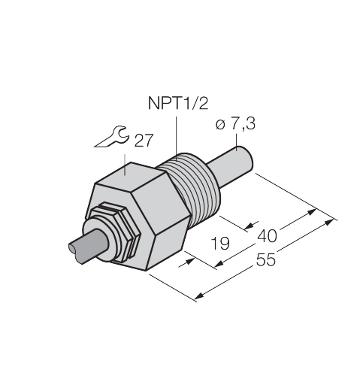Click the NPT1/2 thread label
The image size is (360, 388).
click(x=178, y=103)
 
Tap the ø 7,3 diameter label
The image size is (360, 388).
click(x=235, y=124)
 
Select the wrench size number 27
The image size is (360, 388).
click(x=144, y=141)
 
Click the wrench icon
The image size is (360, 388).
click(x=112, y=137)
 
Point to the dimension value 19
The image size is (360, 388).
click(x=220, y=243)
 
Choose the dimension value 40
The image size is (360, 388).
click(x=268, y=236)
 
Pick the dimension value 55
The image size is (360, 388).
click(x=266, y=259)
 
